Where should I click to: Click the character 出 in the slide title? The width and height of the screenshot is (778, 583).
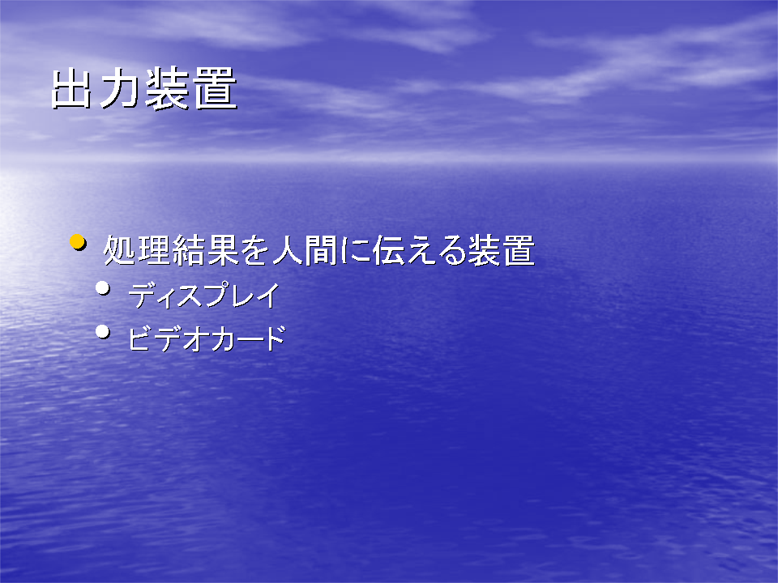tap(71, 88)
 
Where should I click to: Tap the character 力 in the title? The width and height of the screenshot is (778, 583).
tap(118, 88)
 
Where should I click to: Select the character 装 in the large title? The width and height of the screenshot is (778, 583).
tap(167, 88)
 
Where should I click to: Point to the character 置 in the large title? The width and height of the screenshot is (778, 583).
tap(215, 88)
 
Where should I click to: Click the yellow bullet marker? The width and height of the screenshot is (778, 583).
tap(78, 242)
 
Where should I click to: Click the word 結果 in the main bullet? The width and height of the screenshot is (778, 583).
tap(205, 250)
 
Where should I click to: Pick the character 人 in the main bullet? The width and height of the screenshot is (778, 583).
tap(288, 250)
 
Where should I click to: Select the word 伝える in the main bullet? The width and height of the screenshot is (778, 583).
tap(419, 250)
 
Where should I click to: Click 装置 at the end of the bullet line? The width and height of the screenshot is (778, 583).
tap(501, 250)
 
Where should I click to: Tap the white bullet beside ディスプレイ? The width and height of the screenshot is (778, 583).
tap(103, 287)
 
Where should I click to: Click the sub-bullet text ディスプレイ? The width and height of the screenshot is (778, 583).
tap(204, 296)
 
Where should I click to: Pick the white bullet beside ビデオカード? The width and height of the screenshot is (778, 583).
tap(103, 331)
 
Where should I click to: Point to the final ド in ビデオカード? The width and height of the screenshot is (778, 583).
tap(275, 338)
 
